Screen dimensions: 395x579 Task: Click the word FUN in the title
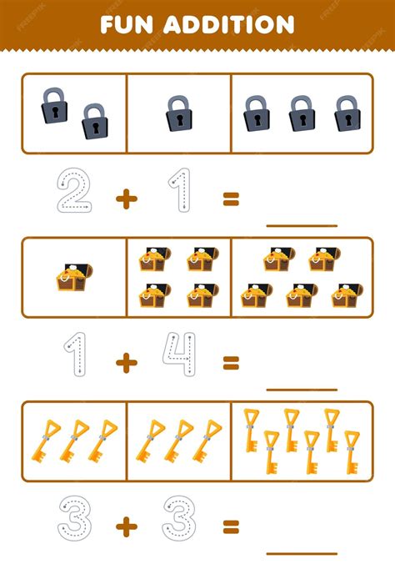(127, 25)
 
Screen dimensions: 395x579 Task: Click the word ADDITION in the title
(229, 25)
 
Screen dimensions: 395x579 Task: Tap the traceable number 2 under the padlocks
(74, 190)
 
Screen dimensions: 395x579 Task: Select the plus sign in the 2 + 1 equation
(127, 199)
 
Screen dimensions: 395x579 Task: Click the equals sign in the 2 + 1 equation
(231, 199)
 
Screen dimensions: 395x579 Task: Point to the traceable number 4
(179, 354)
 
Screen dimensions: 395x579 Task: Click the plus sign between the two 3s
(127, 526)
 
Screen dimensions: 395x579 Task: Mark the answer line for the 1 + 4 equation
(302, 390)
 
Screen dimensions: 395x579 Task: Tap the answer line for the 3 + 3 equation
(302, 553)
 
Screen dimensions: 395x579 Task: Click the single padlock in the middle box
(179, 113)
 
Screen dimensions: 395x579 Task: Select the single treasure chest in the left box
(74, 277)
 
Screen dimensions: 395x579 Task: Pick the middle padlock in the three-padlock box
(302, 113)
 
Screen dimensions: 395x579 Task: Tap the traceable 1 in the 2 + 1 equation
(180, 190)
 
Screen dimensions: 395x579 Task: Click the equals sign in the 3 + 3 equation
(231, 526)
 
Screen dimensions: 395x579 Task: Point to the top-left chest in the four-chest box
(155, 259)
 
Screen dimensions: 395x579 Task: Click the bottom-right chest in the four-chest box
(202, 295)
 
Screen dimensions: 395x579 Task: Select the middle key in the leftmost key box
(74, 441)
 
